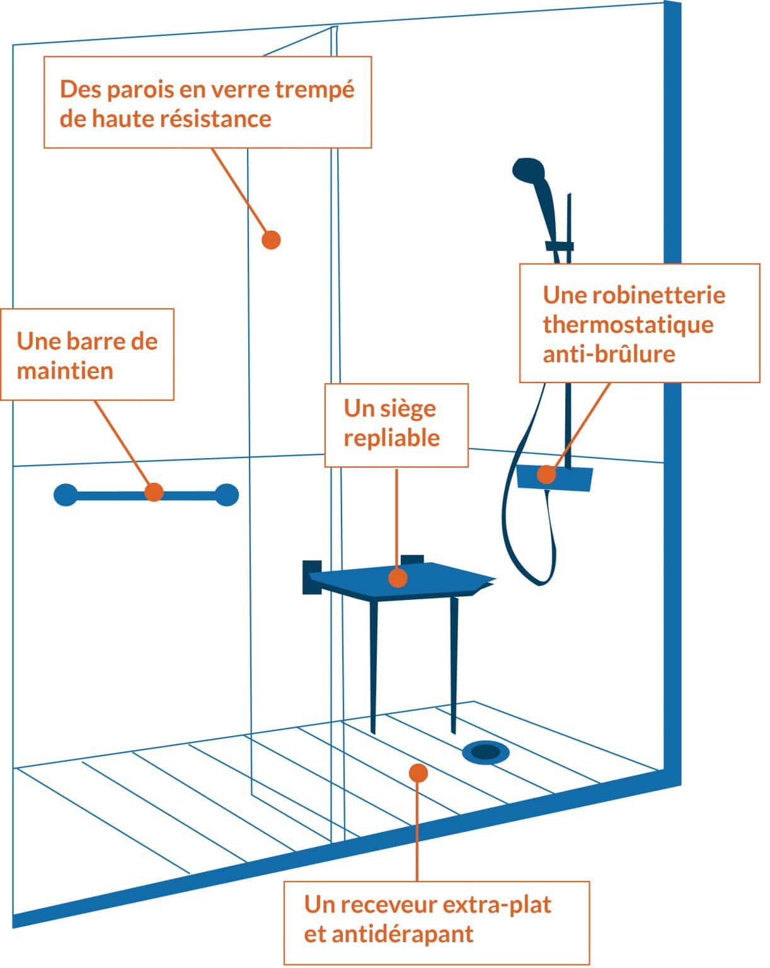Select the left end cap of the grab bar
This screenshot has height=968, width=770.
click(66, 495)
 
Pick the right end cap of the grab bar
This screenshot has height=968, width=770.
click(227, 495)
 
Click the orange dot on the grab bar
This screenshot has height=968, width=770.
click(154, 492)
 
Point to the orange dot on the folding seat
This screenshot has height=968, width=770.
click(397, 577)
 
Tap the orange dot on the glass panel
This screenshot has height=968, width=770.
click(271, 239)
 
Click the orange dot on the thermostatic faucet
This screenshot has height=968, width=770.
click(546, 475)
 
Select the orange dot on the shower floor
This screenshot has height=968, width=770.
click(418, 772)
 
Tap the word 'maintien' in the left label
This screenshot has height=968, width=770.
click(65, 371)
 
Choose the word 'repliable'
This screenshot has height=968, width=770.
click(391, 437)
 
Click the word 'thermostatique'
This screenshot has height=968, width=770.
click(628, 325)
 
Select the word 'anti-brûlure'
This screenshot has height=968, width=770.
click(609, 354)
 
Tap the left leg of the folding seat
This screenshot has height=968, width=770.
click(373, 668)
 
